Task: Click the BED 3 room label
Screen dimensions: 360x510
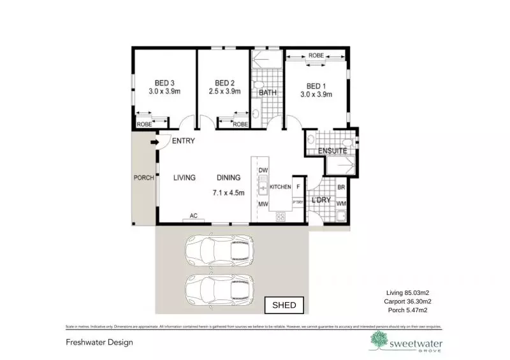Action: pyautogui.click(x=164, y=83)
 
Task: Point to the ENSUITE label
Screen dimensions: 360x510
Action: pyautogui.click(x=332, y=152)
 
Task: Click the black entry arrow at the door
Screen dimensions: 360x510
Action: pyautogui.click(x=153, y=142)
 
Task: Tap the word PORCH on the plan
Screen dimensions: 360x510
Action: pyautogui.click(x=143, y=178)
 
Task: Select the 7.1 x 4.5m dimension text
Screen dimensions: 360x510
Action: pyautogui.click(x=228, y=192)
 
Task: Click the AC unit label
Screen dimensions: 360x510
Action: pyautogui.click(x=194, y=216)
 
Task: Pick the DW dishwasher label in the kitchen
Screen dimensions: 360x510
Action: pyautogui.click(x=263, y=170)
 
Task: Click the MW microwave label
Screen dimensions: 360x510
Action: pyautogui.click(x=263, y=204)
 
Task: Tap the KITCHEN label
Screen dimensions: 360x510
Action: pyautogui.click(x=280, y=187)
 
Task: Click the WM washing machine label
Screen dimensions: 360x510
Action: pyautogui.click(x=340, y=204)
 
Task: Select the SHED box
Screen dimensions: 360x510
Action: pyautogui.click(x=284, y=305)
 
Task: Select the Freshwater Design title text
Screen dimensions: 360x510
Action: pyautogui.click(x=99, y=342)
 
